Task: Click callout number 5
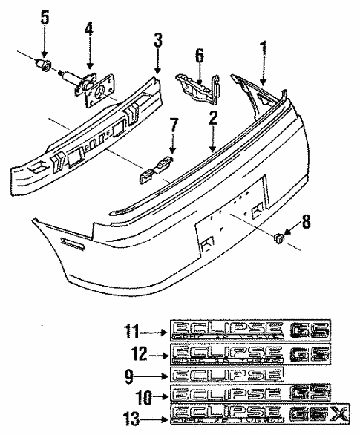click(x=44, y=16)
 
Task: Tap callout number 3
click(x=158, y=39)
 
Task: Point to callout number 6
click(x=198, y=54)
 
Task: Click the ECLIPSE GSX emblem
click(x=250, y=413)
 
